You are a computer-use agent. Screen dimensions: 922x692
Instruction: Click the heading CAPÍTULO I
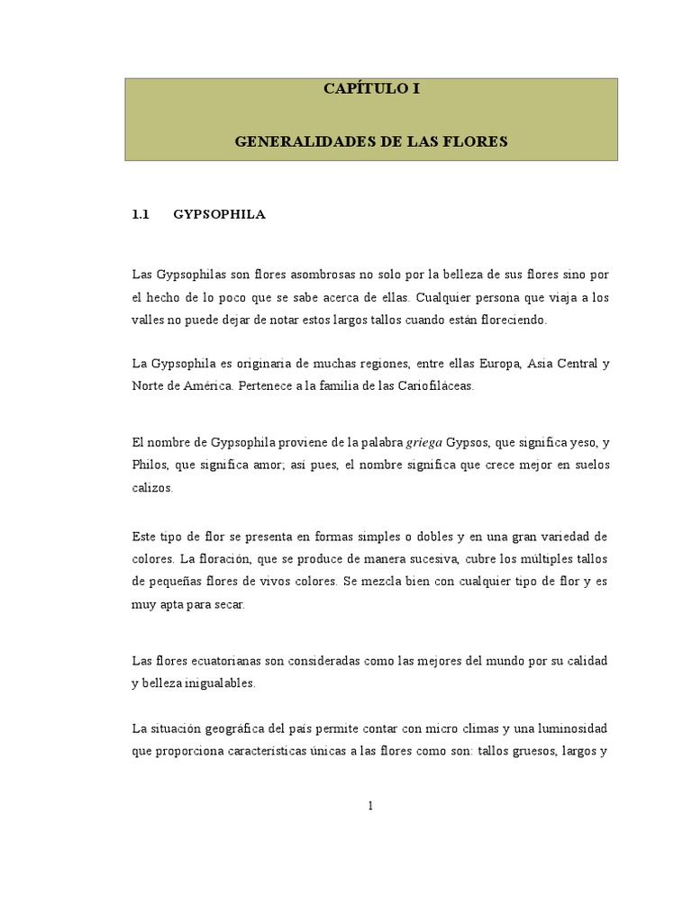(371, 90)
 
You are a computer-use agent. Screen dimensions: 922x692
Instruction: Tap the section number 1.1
(139, 215)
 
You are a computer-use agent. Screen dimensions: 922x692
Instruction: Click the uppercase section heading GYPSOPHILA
(219, 215)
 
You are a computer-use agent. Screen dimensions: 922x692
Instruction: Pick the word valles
(146, 320)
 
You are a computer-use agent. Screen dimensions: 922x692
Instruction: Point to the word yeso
(574, 442)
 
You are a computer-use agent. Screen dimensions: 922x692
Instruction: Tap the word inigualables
(222, 683)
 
